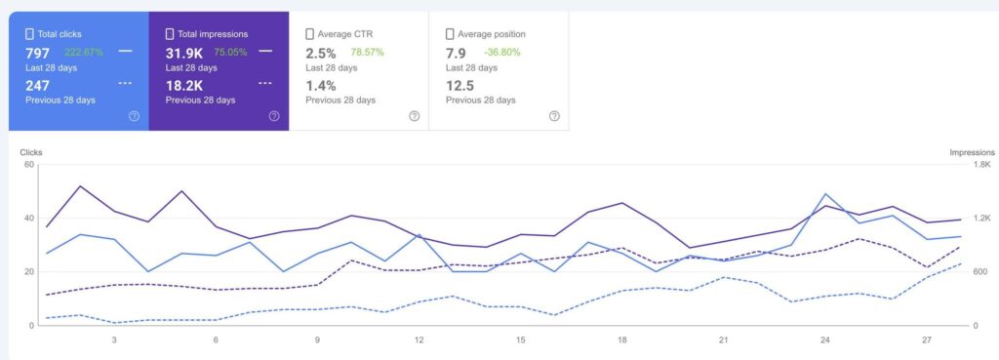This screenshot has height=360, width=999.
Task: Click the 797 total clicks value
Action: pyautogui.click(x=37, y=52)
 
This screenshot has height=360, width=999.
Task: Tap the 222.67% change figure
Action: pyautogui.click(x=84, y=52)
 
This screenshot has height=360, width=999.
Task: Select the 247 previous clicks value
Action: pyautogui.click(x=37, y=85)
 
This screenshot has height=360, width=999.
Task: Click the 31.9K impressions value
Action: pyautogui.click(x=183, y=52)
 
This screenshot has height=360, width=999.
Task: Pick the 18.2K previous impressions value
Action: pyautogui.click(x=183, y=85)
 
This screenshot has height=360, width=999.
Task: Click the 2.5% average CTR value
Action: pyautogui.click(x=321, y=52)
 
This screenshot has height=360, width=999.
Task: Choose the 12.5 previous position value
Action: pyautogui.click(x=460, y=85)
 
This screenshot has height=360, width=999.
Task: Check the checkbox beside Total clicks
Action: pyautogui.click(x=29, y=34)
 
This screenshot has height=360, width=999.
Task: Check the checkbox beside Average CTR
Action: pyautogui.click(x=309, y=34)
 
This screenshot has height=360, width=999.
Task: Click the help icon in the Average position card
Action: pyautogui.click(x=554, y=116)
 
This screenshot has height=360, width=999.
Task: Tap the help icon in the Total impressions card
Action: pyautogui.click(x=274, y=116)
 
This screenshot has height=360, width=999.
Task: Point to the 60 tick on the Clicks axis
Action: pyautogui.click(x=28, y=164)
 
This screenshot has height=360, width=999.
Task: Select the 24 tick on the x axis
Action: pyautogui.click(x=825, y=340)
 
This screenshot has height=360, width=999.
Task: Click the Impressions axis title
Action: pyautogui.click(x=972, y=152)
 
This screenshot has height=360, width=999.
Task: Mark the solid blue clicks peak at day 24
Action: pyautogui.click(x=825, y=194)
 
